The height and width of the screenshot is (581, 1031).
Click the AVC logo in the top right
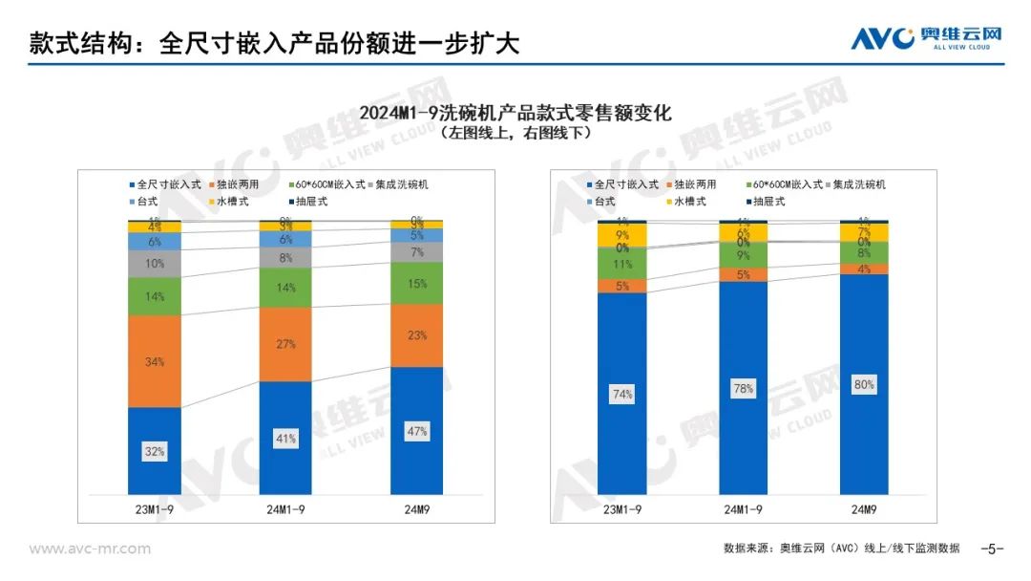pos(926,38)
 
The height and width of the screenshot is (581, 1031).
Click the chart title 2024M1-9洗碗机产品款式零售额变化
pos(515,113)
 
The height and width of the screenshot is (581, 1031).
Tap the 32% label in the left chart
pos(155,451)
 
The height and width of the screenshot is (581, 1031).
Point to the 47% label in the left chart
pos(417,432)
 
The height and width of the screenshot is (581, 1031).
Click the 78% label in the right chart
pos(746,389)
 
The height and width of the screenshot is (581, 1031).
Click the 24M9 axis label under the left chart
pos(417,508)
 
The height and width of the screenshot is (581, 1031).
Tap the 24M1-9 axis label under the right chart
pos(746,508)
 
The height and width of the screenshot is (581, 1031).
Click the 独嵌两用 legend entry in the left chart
pos(239,184)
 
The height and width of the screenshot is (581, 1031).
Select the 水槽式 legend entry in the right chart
pos(687,202)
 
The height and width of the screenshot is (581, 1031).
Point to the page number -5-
pos(993,549)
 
